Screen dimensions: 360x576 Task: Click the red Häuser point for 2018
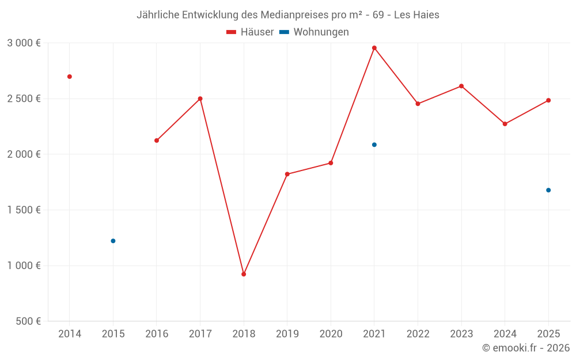[x=244, y=274]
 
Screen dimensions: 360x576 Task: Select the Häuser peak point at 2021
[x=374, y=48]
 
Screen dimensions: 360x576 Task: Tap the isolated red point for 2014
[x=70, y=77]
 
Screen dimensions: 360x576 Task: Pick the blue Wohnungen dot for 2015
[x=113, y=241]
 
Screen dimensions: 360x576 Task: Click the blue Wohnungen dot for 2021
[x=374, y=145]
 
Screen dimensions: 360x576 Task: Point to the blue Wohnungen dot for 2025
[x=548, y=190]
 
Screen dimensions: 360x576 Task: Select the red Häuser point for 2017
[x=200, y=98]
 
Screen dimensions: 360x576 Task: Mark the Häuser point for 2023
[x=461, y=86]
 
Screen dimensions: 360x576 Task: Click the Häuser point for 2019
[x=287, y=174]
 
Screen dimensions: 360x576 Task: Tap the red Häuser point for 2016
[x=157, y=141]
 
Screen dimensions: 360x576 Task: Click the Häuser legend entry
[x=250, y=32]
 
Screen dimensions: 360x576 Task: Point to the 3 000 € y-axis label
[x=24, y=43]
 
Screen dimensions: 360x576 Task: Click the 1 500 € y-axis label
[x=24, y=210]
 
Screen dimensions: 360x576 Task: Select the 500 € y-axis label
[x=27, y=321]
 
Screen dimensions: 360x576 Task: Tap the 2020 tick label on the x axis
[x=331, y=334]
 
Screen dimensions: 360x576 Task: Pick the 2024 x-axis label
[x=505, y=334]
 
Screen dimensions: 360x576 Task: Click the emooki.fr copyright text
[x=526, y=348]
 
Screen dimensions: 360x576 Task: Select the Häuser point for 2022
[x=418, y=104]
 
